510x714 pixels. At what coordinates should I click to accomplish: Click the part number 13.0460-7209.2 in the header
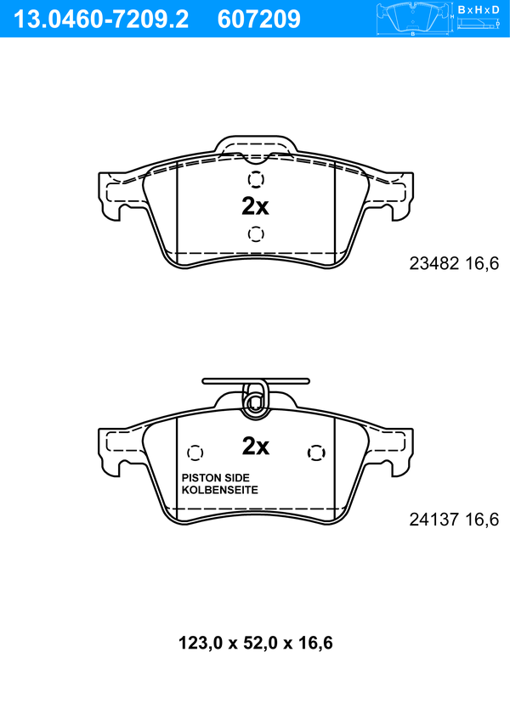[x=101, y=19]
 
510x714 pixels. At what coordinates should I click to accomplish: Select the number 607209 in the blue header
[x=259, y=19]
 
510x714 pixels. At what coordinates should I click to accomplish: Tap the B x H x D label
[x=479, y=9]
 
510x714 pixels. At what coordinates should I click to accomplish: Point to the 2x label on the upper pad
[x=255, y=206]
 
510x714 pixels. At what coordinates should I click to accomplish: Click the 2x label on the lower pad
[x=256, y=447]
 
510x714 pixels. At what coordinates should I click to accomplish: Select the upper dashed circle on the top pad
[x=256, y=179]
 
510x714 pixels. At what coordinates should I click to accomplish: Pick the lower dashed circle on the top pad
[x=256, y=233]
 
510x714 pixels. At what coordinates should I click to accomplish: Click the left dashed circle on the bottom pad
[x=195, y=453]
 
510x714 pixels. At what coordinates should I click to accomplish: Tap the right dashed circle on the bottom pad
[x=316, y=453]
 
